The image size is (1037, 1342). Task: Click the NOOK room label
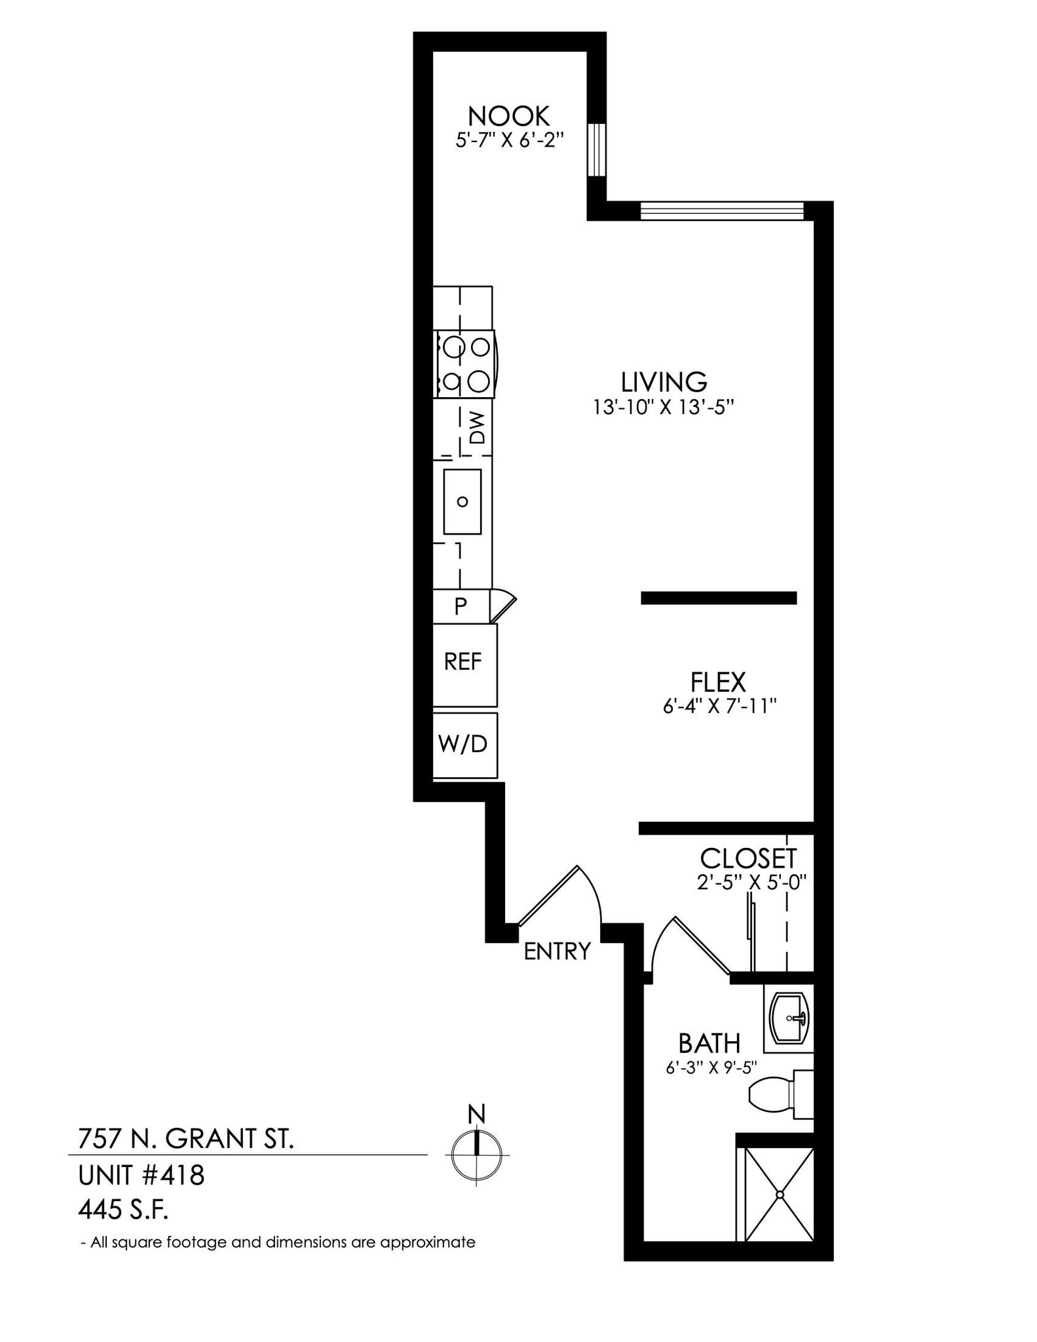point(509,116)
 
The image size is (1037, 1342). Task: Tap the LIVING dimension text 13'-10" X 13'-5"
point(663,408)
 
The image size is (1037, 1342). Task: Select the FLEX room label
point(718,682)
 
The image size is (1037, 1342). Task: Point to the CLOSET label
point(748,858)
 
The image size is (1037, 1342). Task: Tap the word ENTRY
point(557,951)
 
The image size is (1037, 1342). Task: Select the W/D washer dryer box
point(464,744)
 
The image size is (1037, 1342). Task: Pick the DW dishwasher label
point(478,427)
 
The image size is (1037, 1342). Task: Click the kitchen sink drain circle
point(462,502)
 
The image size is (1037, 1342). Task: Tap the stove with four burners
point(464,364)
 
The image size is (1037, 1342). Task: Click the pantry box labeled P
point(461,606)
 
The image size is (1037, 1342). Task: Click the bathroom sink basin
point(789,1018)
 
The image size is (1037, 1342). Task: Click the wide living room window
point(721,210)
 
